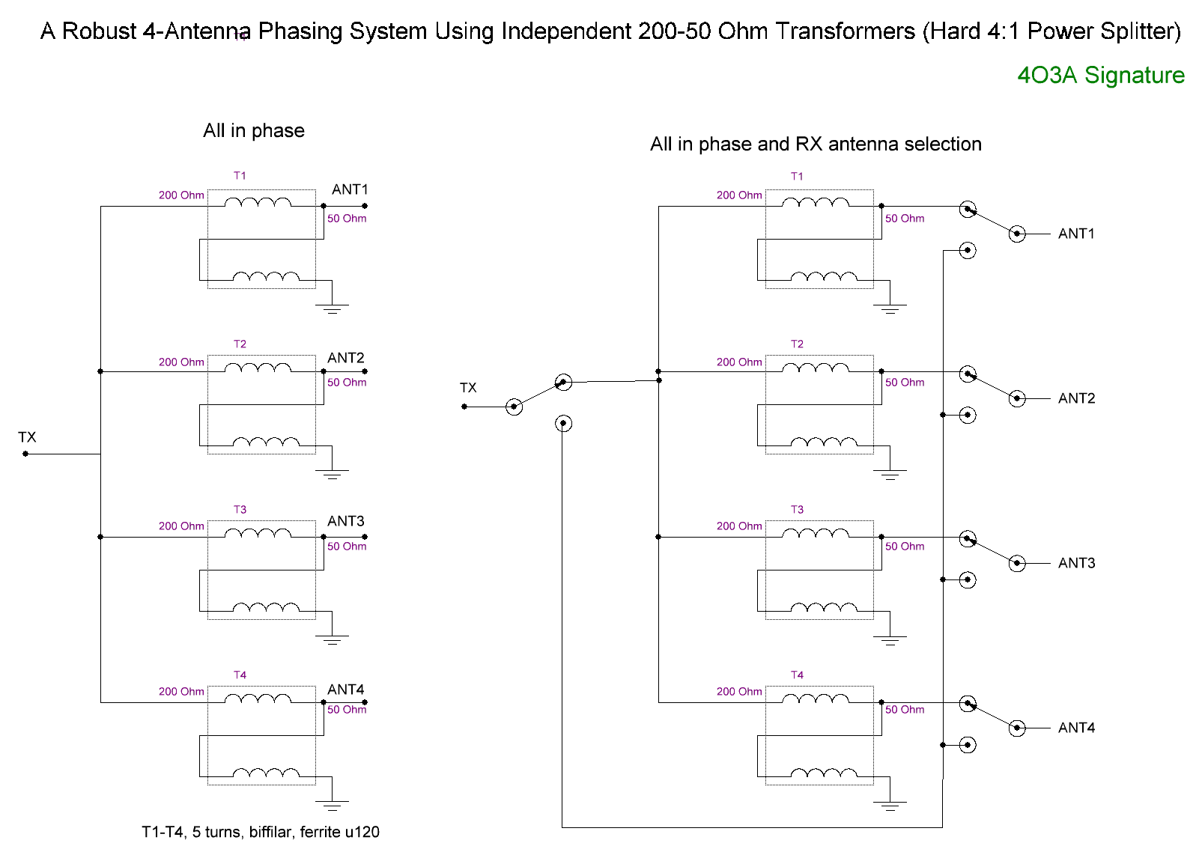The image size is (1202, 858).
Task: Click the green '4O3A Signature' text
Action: tap(1100, 76)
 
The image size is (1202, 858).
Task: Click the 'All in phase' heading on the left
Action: tap(253, 131)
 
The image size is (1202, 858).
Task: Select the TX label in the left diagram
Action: tap(27, 437)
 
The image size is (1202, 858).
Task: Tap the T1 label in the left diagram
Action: tap(240, 176)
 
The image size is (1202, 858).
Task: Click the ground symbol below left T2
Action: tap(333, 473)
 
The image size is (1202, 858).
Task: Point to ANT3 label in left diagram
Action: tap(346, 521)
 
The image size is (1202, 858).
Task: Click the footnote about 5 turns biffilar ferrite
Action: tap(260, 832)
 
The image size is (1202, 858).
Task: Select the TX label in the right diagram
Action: tap(468, 388)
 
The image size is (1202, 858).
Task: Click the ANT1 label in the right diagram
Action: tap(1076, 234)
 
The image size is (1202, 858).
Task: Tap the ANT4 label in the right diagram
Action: tap(1076, 728)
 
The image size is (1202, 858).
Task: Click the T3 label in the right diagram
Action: tap(797, 510)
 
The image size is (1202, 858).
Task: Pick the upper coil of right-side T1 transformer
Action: tap(816, 202)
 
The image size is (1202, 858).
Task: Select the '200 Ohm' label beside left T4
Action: tap(181, 692)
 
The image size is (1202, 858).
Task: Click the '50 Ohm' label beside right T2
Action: tap(905, 383)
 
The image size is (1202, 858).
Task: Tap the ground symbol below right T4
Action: tap(890, 805)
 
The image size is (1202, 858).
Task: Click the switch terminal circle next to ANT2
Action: tap(1017, 398)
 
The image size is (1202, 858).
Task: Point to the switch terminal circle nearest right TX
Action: tap(514, 407)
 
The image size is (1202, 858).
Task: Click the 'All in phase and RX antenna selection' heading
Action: tap(816, 144)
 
